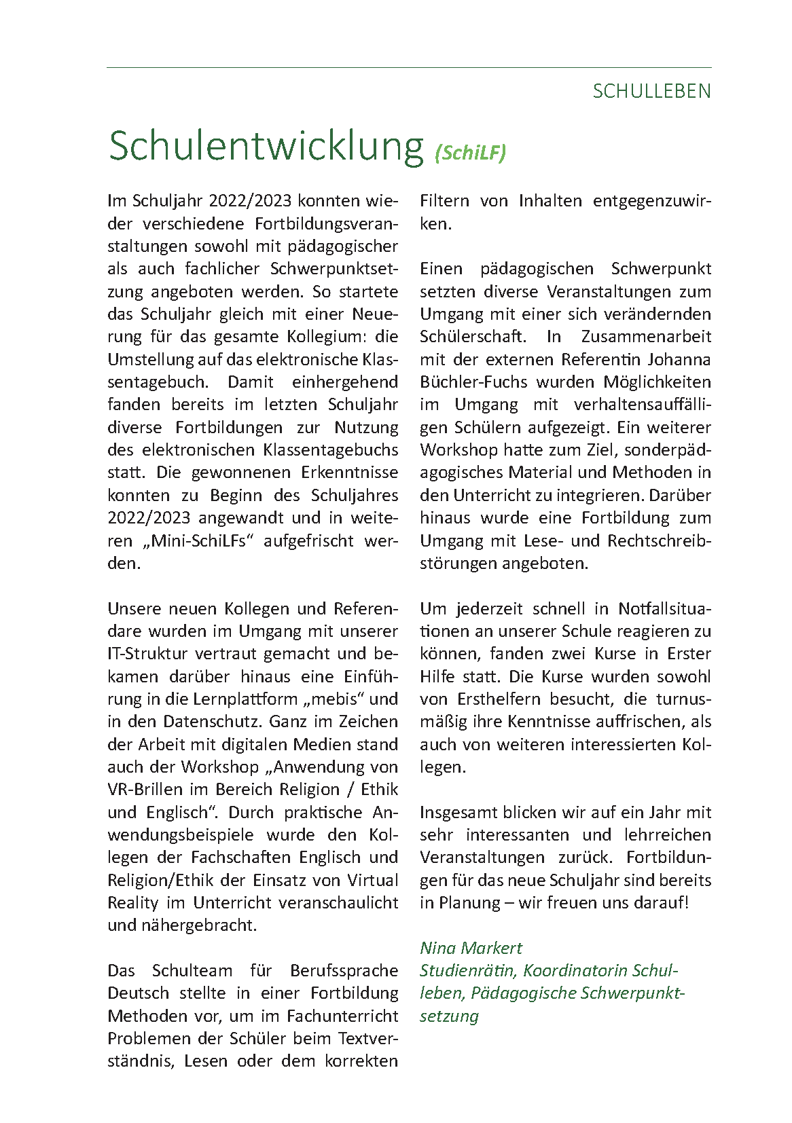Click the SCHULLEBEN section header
[x=651, y=91]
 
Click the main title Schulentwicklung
[x=266, y=145]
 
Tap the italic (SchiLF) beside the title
[x=470, y=153]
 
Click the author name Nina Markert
[x=471, y=948]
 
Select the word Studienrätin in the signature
[x=467, y=970]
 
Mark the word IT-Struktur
[x=147, y=653]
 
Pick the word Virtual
[x=372, y=880]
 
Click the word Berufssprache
[x=344, y=970]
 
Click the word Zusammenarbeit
[x=646, y=337]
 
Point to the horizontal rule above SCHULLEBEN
[x=409, y=68]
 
